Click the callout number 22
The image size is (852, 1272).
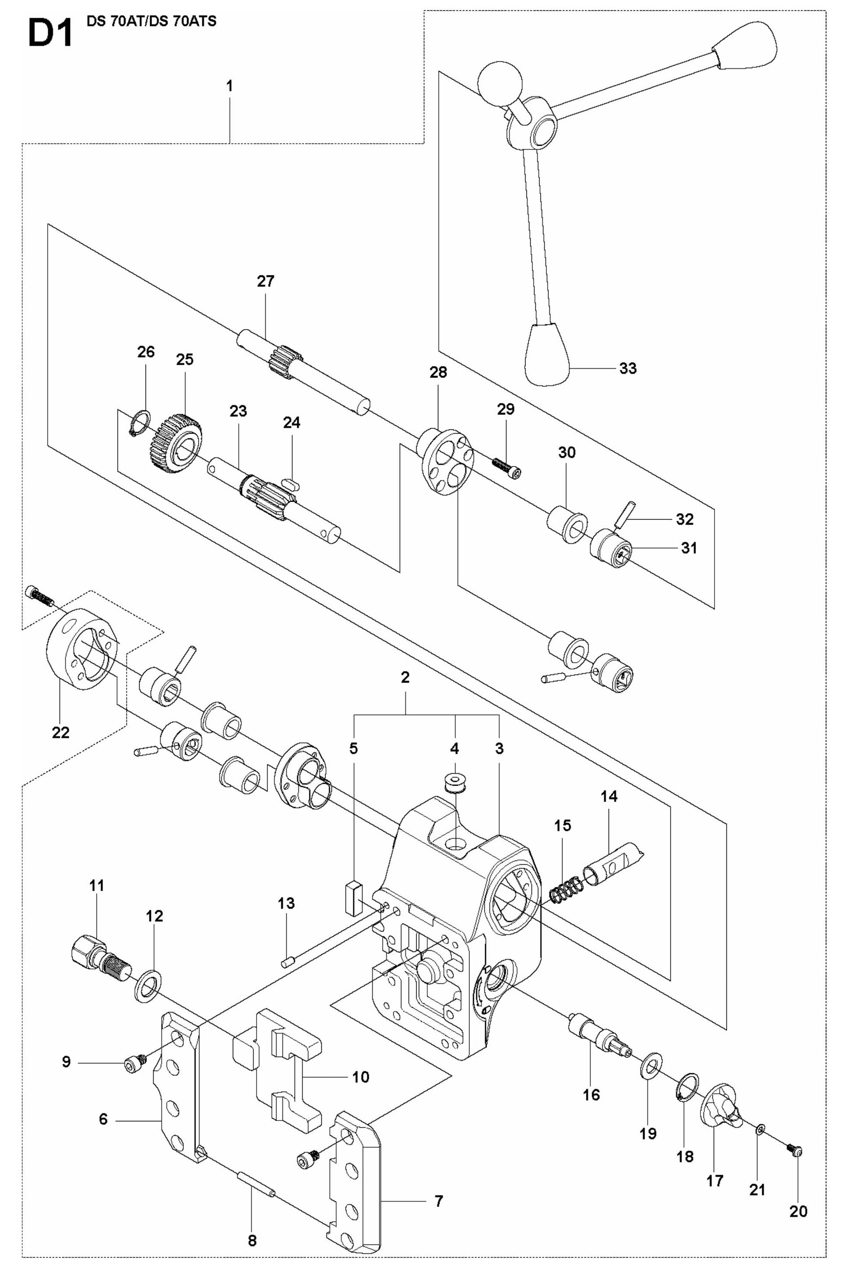point(61,733)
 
